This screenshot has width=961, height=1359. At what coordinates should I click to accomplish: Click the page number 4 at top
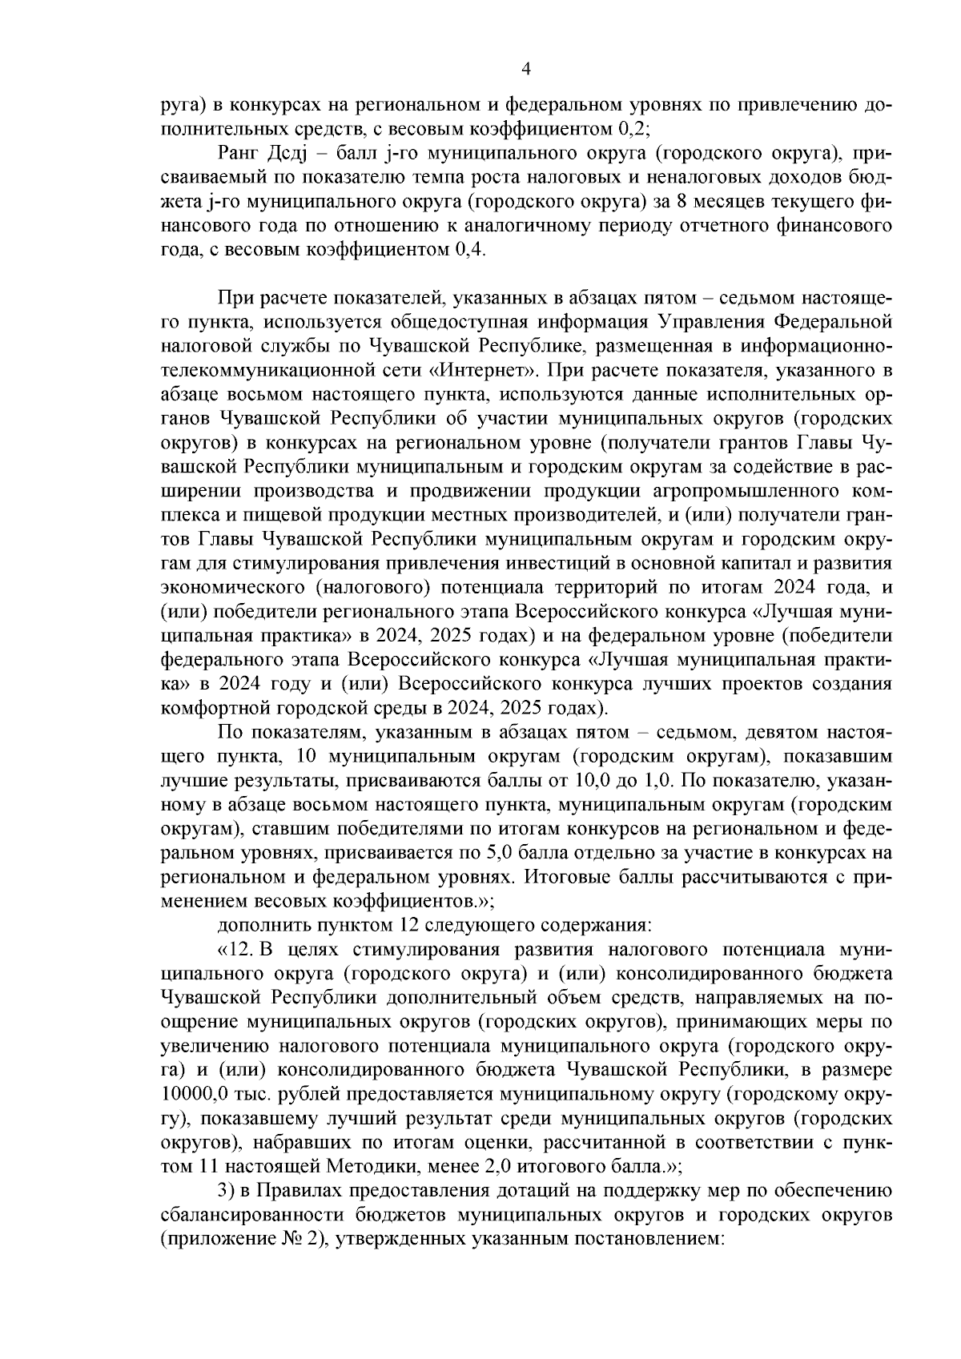click(x=525, y=69)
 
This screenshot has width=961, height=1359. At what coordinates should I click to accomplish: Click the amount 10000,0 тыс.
click(x=215, y=1094)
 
